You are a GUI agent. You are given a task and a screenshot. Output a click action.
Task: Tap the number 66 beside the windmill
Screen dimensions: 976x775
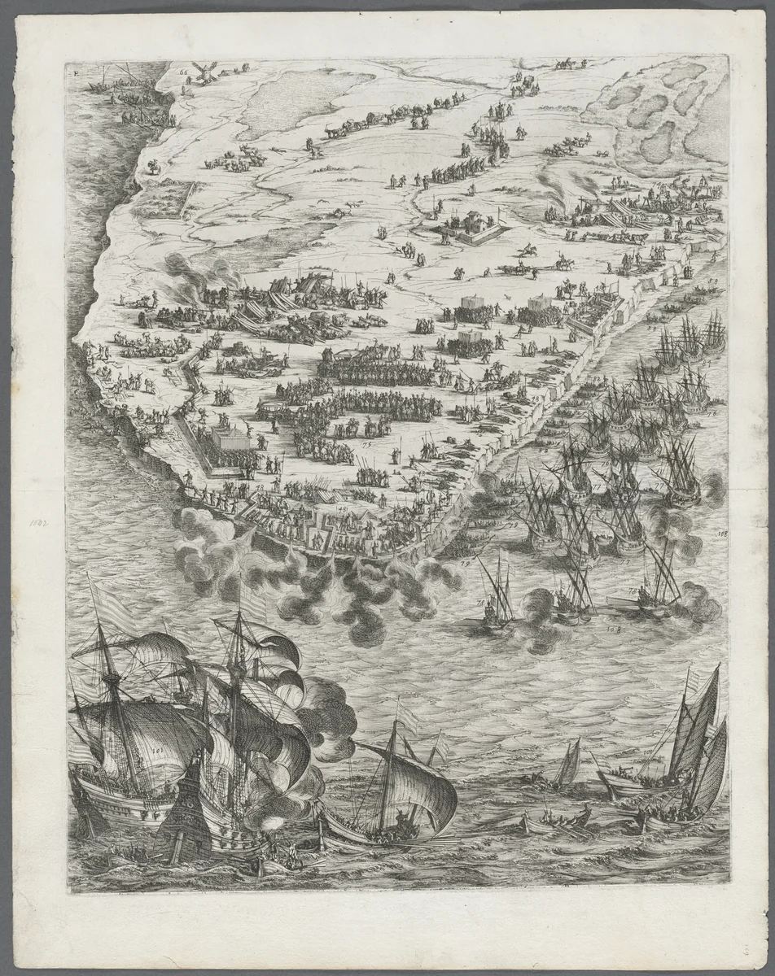click(183, 72)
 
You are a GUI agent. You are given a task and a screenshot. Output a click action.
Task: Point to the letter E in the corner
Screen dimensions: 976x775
click(76, 73)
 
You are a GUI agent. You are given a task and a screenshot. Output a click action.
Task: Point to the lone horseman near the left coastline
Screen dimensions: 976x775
click(151, 166)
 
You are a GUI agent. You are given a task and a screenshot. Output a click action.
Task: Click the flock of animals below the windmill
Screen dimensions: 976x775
click(228, 163)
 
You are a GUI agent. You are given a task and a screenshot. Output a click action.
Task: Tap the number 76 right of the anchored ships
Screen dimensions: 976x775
click(712, 413)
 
